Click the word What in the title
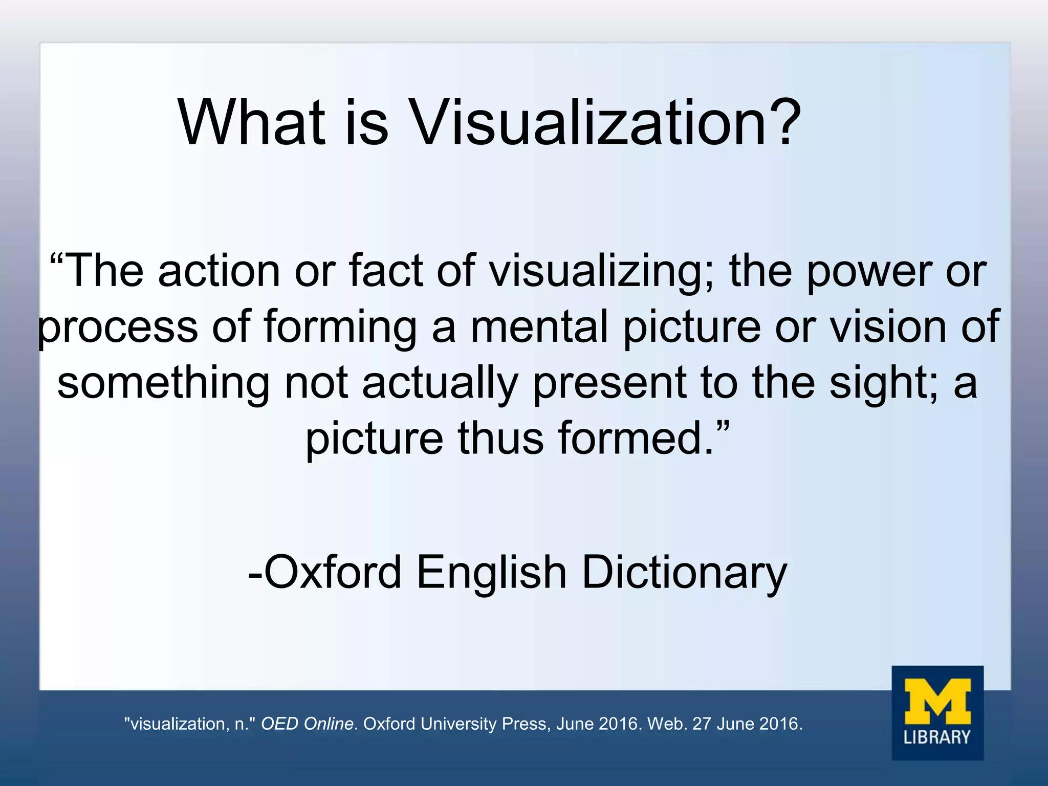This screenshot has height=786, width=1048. (251, 123)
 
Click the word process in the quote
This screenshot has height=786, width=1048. (118, 327)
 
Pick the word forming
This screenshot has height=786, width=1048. (340, 327)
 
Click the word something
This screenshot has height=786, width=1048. (163, 383)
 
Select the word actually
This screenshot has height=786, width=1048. (440, 383)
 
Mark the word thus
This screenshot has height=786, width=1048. (500, 439)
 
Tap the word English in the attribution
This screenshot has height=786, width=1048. (491, 572)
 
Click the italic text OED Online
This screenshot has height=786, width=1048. (307, 724)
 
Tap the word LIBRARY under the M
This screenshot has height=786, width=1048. (937, 737)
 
